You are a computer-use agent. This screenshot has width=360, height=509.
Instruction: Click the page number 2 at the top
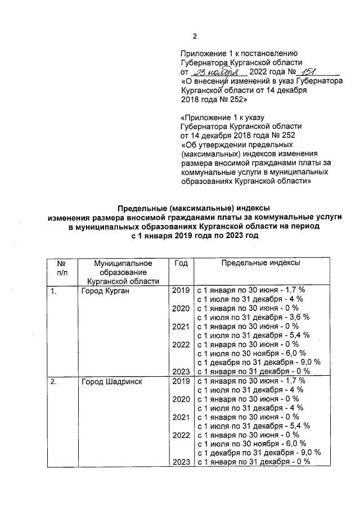point(195,37)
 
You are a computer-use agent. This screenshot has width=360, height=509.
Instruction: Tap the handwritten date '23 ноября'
point(217,73)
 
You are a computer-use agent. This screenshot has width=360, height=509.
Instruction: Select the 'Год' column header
point(181,263)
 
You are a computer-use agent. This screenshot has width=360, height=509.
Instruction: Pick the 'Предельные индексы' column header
point(260,263)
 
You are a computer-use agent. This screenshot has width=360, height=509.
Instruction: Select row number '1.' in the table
point(53,290)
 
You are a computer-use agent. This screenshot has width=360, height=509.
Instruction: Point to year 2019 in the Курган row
point(180,290)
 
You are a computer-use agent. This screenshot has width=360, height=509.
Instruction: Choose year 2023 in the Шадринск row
point(180,462)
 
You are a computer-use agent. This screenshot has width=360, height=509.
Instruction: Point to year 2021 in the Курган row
point(180,326)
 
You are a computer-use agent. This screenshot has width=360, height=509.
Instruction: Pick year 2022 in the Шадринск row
point(180,435)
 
